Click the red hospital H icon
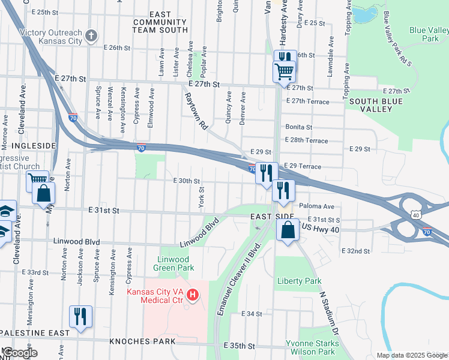pos(193,295)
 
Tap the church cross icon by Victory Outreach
pos(91,36)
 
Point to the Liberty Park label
pos(299,281)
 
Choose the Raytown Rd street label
pos(196,111)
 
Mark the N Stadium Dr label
pos(330,314)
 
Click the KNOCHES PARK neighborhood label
pos(142,341)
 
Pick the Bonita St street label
pos(298,127)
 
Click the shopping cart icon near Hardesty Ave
pos(284,71)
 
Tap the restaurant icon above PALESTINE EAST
pos(80,316)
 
